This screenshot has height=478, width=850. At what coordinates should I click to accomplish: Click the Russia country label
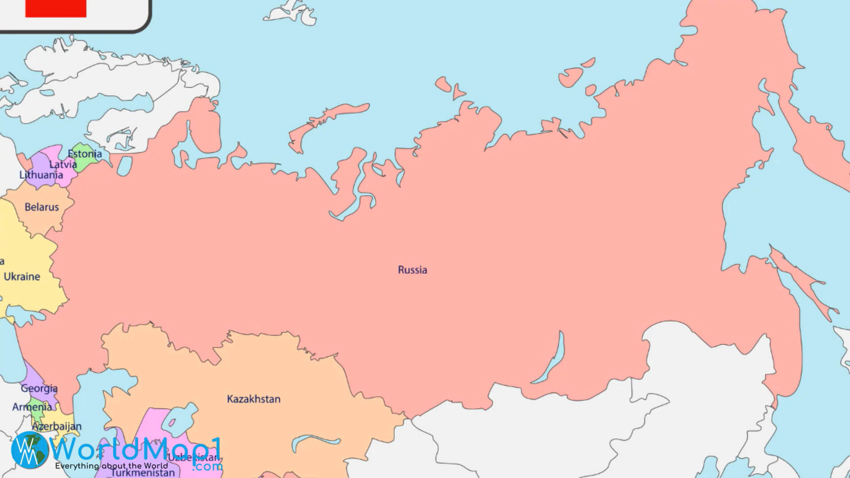tap(412, 270)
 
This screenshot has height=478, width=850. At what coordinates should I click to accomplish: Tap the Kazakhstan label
tap(254, 399)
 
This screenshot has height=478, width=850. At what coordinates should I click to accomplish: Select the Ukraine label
tap(22, 277)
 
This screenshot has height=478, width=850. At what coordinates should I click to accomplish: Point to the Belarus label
tap(42, 207)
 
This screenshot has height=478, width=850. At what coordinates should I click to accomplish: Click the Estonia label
tap(85, 154)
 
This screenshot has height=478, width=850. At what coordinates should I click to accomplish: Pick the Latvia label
tap(63, 165)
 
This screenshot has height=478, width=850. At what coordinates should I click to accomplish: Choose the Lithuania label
tap(41, 175)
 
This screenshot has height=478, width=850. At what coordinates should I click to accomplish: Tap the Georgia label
tap(39, 389)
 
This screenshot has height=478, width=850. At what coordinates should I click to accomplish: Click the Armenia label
tap(32, 407)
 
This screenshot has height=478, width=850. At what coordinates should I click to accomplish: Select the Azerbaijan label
tap(57, 426)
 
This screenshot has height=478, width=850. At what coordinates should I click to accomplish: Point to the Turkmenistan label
tap(143, 472)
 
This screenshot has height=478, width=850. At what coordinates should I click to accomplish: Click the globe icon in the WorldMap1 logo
tap(29, 450)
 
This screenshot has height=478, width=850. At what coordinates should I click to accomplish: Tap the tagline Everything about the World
tap(112, 466)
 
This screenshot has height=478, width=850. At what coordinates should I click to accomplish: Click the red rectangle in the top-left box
tap(56, 8)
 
